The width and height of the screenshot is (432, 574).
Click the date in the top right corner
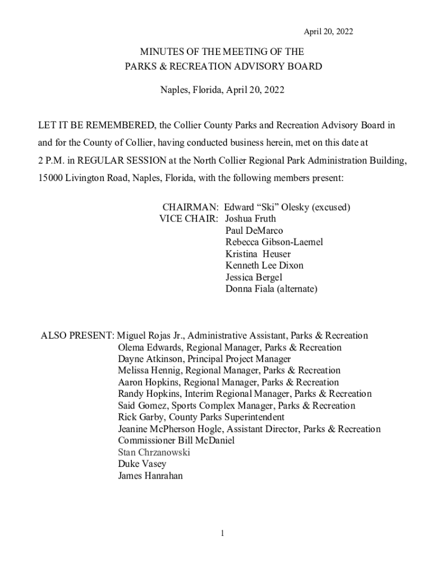point(328,32)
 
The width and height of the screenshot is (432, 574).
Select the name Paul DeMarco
point(254,230)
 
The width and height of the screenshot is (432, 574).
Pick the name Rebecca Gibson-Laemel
point(274,242)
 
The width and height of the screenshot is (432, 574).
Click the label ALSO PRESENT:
point(77,336)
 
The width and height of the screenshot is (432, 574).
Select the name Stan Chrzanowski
point(154,452)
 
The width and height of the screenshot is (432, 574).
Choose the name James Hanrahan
point(150,476)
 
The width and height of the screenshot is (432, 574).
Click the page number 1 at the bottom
point(222,533)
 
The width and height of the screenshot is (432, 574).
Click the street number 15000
point(50,178)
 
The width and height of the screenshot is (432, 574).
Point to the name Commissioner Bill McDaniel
point(176,441)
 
